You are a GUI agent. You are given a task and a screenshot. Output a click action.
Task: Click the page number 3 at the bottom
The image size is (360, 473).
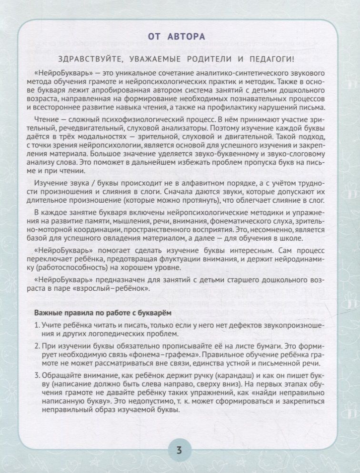click(180, 451)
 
